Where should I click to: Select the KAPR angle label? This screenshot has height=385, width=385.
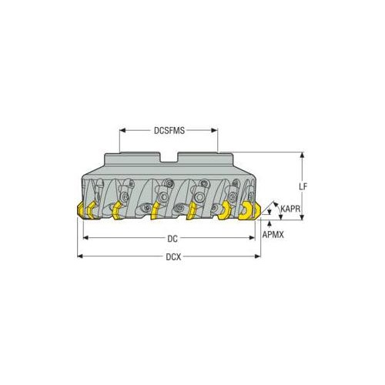[x=290, y=209]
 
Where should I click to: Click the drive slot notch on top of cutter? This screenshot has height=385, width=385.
[x=169, y=159]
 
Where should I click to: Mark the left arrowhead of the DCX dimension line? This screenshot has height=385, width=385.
[x=79, y=256]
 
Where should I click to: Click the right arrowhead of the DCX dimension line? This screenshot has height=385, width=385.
[x=259, y=256]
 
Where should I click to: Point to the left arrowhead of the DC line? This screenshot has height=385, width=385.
[x=85, y=239]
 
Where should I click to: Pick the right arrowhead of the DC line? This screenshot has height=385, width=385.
[x=253, y=239]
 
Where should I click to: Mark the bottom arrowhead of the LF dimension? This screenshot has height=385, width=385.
[x=302, y=219]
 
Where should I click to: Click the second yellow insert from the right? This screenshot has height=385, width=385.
[x=223, y=211]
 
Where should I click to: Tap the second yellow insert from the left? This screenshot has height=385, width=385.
[x=117, y=210]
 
